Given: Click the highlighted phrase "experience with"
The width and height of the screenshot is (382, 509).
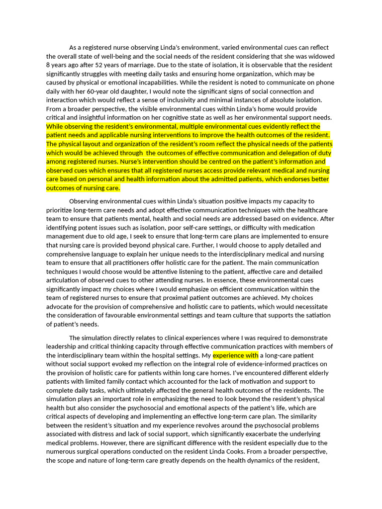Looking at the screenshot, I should (x=235, y=355).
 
